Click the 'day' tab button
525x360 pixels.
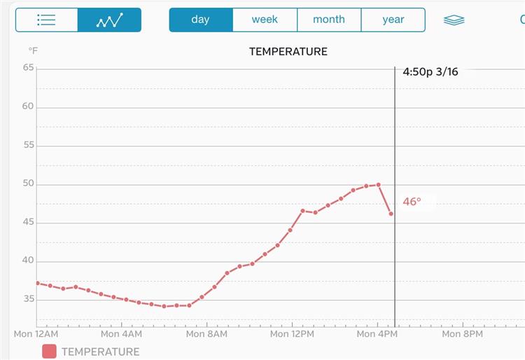click(200, 20)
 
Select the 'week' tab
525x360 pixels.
click(265, 20)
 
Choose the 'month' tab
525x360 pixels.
click(329, 20)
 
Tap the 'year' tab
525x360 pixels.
click(393, 20)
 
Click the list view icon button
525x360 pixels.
click(46, 20)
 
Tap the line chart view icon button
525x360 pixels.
click(109, 20)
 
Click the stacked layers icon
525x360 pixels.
click(454, 20)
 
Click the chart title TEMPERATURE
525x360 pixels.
click(288, 52)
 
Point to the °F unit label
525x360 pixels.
click(33, 51)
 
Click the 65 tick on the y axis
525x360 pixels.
click(28, 68)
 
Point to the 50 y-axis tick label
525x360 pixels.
click(28, 184)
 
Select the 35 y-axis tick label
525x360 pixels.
click(28, 299)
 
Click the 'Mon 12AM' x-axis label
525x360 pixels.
click(36, 334)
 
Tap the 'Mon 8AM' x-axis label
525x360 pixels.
click(206, 334)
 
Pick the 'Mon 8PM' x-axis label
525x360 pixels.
click(462, 334)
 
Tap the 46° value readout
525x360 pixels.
click(412, 202)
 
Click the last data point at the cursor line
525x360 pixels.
click(391, 214)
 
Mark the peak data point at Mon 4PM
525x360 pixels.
click(378, 185)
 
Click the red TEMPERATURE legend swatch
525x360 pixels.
click(49, 352)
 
